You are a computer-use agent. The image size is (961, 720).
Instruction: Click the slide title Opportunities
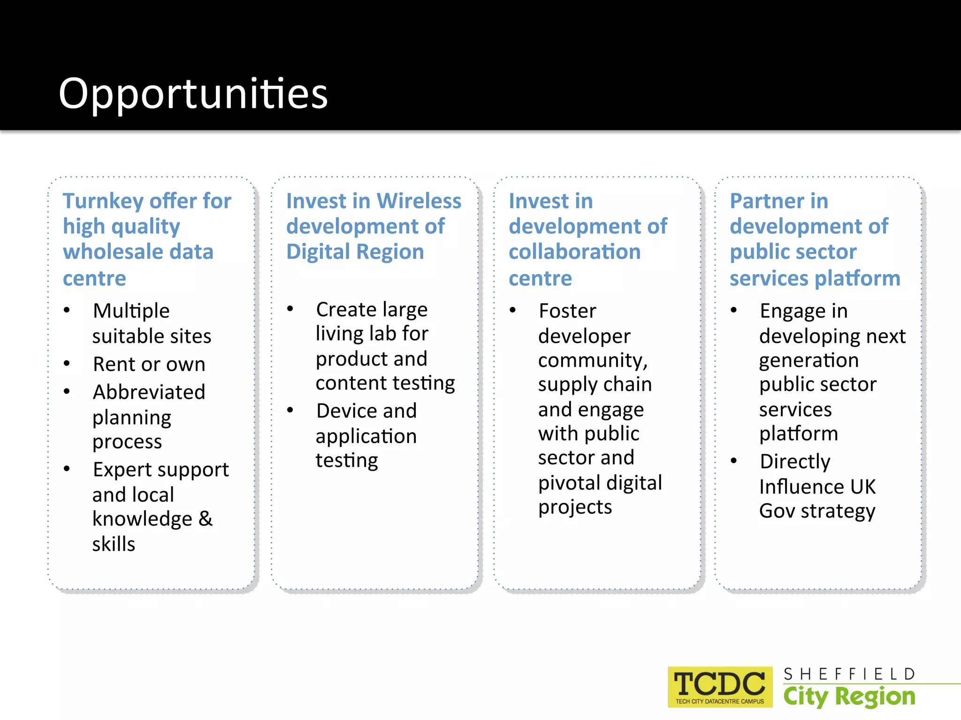coord(193,94)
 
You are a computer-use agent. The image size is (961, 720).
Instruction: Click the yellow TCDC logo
coord(720,686)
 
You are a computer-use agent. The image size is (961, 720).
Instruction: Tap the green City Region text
coord(849,697)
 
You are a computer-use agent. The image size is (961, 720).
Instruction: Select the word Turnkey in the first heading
coord(103,202)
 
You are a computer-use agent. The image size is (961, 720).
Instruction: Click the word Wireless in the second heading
coord(419,202)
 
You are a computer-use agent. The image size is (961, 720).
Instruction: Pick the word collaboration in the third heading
coord(574,252)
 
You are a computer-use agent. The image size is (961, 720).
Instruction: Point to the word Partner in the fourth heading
coord(779,202)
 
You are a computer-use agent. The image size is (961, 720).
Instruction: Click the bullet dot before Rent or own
coord(67,364)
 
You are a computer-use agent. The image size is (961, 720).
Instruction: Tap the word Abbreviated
coord(149,392)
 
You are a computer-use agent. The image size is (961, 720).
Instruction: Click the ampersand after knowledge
coord(205,519)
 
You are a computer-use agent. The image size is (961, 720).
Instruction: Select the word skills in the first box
coord(114,544)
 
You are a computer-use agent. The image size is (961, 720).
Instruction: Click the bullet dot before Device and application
coord(290,411)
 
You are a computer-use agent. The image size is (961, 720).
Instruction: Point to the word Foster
coord(567,311)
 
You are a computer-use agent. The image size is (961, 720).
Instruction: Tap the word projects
coord(575,507)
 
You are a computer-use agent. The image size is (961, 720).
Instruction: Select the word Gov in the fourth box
coord(777,511)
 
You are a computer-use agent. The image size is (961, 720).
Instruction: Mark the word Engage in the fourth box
coord(791,311)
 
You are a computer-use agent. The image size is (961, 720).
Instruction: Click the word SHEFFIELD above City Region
coord(849,674)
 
